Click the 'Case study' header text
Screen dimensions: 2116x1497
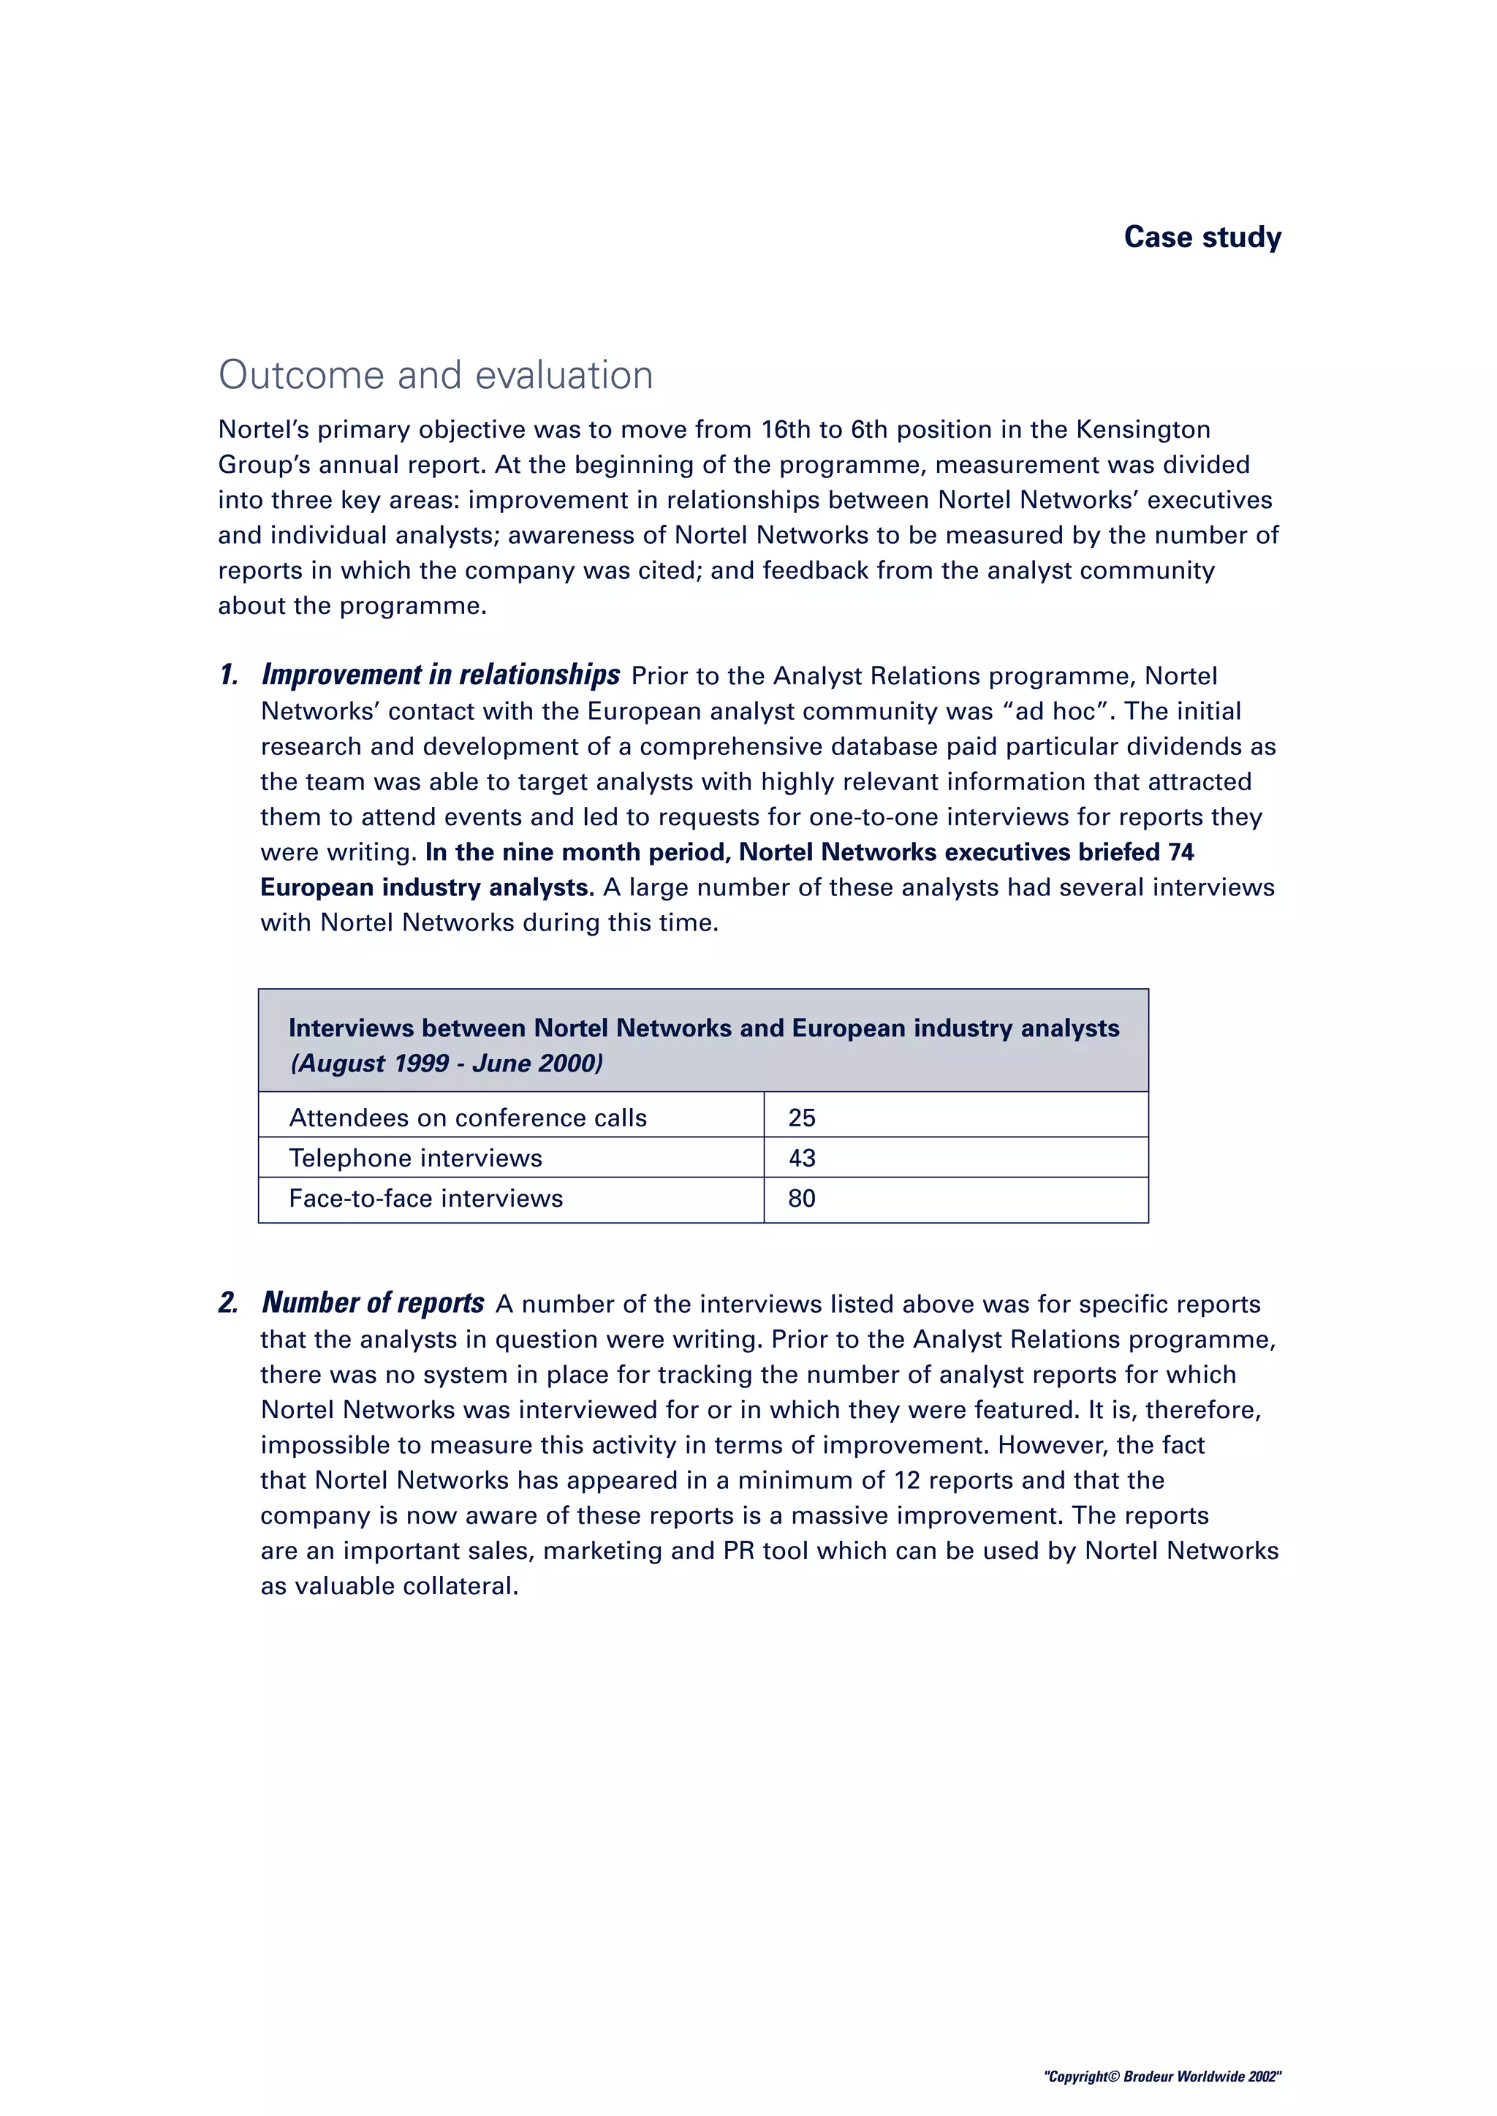pos(1202,237)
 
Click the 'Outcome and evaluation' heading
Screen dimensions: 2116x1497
pos(435,375)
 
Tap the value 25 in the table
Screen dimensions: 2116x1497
pos(801,1118)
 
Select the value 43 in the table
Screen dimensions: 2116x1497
pos(801,1159)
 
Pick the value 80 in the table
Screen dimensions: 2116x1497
pos(801,1199)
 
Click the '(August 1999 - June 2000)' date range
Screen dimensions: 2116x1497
pos(446,1063)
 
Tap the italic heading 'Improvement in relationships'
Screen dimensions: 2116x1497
pos(441,675)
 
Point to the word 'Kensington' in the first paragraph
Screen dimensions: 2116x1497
pos(1143,430)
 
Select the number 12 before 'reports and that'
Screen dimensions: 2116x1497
pos(907,1480)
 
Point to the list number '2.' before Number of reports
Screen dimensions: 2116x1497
pos(227,1303)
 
